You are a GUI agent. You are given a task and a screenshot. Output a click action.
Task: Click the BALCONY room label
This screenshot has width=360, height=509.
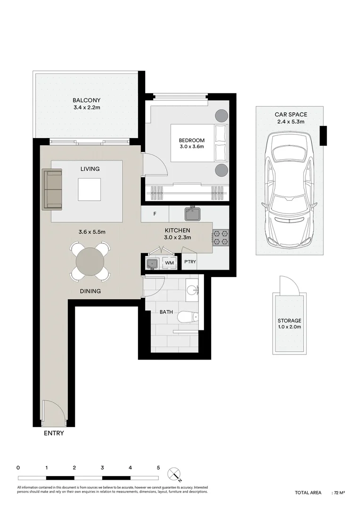[86, 100]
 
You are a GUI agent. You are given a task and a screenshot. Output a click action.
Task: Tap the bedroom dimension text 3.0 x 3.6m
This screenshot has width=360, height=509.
[191, 148]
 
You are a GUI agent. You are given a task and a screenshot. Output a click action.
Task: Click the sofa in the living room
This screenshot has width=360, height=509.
[53, 189]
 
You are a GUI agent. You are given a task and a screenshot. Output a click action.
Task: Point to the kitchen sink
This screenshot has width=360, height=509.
[192, 214]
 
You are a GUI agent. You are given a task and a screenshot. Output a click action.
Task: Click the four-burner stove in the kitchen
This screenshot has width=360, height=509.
[221, 238]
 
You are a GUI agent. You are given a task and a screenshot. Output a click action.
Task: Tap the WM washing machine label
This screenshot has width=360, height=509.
[169, 263]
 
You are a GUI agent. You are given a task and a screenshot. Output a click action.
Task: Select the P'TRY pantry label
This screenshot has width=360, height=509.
[190, 262]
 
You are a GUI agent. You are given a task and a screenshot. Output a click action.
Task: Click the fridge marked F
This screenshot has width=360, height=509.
[155, 214]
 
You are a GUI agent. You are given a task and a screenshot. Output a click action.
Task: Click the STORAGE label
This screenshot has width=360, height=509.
[289, 320]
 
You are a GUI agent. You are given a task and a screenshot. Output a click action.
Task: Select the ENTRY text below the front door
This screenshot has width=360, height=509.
[54, 433]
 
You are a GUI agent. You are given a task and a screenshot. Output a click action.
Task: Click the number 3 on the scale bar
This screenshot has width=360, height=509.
[102, 468]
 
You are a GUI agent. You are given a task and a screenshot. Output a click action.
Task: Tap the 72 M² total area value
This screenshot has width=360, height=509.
[340, 493]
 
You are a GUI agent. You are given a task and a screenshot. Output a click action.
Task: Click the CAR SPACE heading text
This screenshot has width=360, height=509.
[291, 115]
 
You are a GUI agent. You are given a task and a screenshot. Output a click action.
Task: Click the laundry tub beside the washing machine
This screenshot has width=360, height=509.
[152, 263]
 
